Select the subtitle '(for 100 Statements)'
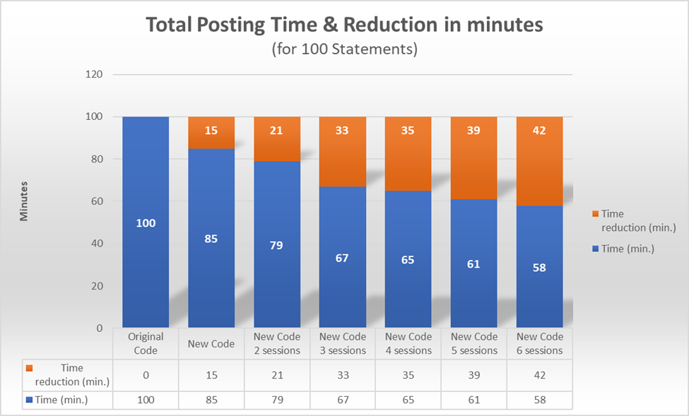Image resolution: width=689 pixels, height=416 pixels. pyautogui.click(x=343, y=50)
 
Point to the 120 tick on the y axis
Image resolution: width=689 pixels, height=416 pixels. pyautogui.click(x=94, y=74)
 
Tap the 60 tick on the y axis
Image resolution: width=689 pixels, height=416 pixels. pyautogui.click(x=97, y=201)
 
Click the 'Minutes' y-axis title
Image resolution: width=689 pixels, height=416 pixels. pyautogui.click(x=24, y=201)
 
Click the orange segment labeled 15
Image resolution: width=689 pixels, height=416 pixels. pyautogui.click(x=211, y=132)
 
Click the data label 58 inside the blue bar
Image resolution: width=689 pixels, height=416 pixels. pyautogui.click(x=539, y=268)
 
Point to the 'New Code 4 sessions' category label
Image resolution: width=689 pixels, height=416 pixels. pyautogui.click(x=408, y=344)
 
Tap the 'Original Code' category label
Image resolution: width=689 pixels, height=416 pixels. pyautogui.click(x=146, y=344)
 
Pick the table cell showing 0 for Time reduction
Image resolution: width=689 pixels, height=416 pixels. pyautogui.click(x=146, y=375)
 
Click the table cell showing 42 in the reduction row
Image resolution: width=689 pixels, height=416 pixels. pyautogui.click(x=539, y=375)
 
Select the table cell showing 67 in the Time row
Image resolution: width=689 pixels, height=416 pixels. pyautogui.click(x=343, y=400)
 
